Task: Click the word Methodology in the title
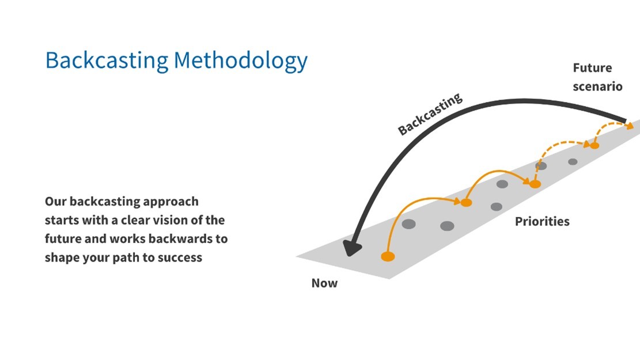240,61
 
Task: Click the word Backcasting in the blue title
107,61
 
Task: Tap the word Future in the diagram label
592,68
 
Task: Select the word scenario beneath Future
597,86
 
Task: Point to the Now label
324,283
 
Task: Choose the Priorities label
542,221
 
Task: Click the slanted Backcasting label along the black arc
430,114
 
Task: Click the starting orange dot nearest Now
388,256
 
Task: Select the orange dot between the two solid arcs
466,202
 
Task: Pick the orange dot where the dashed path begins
535,184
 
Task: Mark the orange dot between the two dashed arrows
594,145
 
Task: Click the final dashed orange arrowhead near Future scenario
630,126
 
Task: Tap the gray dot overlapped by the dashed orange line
541,166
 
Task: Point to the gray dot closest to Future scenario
573,162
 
